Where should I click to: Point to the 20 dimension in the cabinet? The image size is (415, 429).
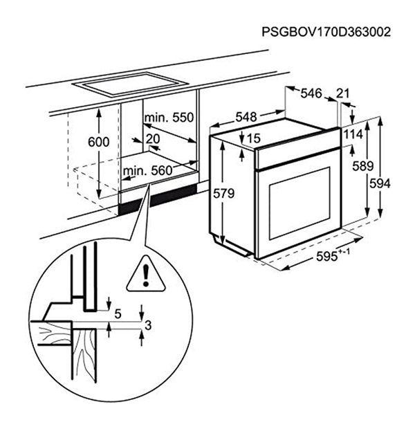[152, 138]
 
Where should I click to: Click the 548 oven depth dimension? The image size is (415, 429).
[248, 118]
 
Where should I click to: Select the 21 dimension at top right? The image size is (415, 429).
[344, 93]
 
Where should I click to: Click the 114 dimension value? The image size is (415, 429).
[353, 133]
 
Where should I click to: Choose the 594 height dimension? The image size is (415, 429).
[380, 183]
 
